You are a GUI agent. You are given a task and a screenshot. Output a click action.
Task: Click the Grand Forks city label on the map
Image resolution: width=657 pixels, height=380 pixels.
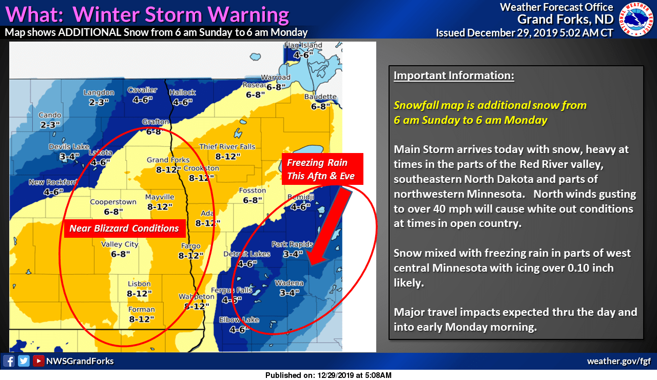pyautogui.click(x=168, y=160)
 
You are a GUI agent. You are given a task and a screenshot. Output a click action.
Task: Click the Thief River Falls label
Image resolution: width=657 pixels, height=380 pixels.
pyautogui.click(x=227, y=147)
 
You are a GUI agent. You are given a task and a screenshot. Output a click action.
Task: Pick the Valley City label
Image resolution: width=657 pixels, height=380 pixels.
pyautogui.click(x=120, y=244)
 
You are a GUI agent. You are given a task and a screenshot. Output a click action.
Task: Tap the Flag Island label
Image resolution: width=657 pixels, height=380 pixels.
pyautogui.click(x=303, y=45)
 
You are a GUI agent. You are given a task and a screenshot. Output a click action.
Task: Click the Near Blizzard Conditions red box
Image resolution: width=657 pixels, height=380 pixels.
pyautogui.click(x=124, y=228)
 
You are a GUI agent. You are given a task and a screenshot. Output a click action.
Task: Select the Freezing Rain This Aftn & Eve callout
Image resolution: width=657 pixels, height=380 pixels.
pyautogui.click(x=317, y=169)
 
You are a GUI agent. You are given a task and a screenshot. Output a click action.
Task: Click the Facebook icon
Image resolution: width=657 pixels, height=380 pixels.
pyautogui.click(x=9, y=361)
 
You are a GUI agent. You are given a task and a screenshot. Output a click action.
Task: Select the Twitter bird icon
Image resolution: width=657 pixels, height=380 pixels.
pyautogui.click(x=24, y=361)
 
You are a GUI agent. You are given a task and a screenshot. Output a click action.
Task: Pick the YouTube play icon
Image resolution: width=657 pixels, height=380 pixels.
pyautogui.click(x=38, y=361)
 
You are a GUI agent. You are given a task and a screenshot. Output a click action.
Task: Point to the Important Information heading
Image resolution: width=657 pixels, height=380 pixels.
pyautogui.click(x=454, y=75)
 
